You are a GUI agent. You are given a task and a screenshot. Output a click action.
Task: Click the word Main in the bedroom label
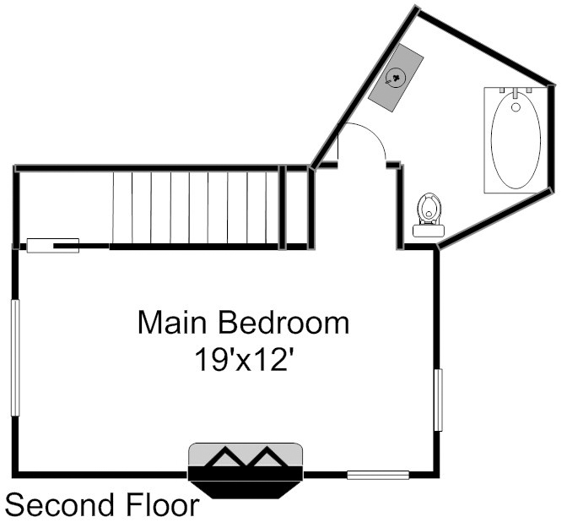coord(172,322)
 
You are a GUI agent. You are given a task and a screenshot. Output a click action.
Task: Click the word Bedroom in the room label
coord(283,322)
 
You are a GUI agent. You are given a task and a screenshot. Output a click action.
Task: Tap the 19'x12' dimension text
coord(243,360)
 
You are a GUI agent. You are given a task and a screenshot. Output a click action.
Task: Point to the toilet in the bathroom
coord(429,215)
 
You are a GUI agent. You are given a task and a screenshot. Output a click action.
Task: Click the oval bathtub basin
coord(516,139)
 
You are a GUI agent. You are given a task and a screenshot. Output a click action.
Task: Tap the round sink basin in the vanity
coord(395,78)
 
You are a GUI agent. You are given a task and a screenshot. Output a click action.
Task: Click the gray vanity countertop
coord(396,78)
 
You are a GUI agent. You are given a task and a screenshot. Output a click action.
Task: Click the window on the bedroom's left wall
coord(15,358)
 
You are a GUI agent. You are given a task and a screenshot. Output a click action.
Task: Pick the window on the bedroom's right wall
coord(438,400)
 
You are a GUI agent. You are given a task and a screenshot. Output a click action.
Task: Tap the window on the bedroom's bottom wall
coord(378,475)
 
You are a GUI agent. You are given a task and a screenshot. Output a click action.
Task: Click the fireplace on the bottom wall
coord(246,470)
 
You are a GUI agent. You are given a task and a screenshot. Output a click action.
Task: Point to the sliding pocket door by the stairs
coord(53,246)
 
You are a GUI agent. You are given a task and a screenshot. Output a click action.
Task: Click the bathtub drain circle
coord(516,107)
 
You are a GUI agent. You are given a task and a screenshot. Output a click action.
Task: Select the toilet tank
coord(429,231)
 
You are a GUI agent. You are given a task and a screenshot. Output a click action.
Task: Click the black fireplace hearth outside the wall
coord(246,490)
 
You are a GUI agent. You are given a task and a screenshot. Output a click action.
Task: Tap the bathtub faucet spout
coord(516,93)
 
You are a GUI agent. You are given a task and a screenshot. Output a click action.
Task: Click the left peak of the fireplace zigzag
coord(225,448)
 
